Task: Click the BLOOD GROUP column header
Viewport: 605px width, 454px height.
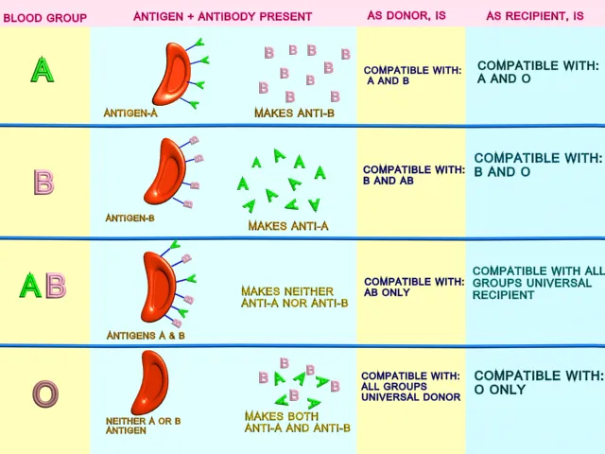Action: [x=44, y=17]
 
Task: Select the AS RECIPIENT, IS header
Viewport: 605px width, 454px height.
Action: [x=535, y=17]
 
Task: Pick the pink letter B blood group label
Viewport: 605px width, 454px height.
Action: [x=43, y=181]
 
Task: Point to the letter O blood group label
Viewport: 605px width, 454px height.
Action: [x=44, y=393]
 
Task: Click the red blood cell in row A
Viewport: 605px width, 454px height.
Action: [x=172, y=74]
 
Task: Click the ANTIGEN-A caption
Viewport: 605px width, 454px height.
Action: [x=131, y=113]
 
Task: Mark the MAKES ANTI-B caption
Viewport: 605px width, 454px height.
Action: [x=294, y=113]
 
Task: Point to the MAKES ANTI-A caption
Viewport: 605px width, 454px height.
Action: [x=288, y=226]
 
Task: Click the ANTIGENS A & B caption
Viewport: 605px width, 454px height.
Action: [x=146, y=335]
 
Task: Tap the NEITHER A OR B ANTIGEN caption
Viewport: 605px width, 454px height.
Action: [x=132, y=425]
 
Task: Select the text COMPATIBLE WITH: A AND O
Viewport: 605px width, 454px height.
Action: [x=537, y=72]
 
